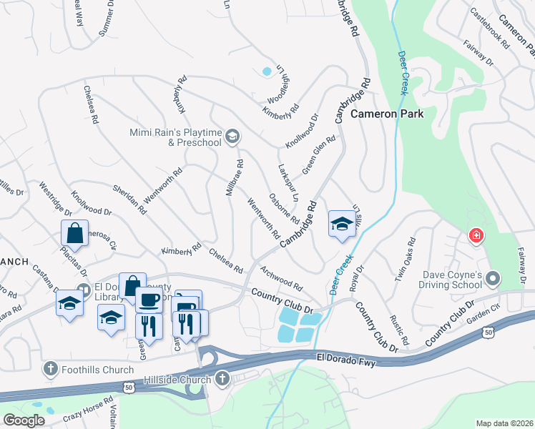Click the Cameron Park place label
[x=387, y=114]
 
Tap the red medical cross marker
[x=475, y=235]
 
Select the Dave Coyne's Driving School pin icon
[x=492, y=277]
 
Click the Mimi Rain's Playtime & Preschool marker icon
[x=232, y=136]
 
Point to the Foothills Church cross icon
[x=50, y=369]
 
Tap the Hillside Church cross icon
[x=222, y=378]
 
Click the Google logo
[x=24, y=420]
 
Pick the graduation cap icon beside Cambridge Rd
[x=341, y=224]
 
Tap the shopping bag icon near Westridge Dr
[x=75, y=232]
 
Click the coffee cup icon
[x=149, y=299]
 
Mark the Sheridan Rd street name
[x=129, y=199]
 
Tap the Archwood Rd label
[x=281, y=277]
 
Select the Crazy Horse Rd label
[x=87, y=409]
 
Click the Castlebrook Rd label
[x=490, y=28]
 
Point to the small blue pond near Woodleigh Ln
[x=267, y=71]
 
